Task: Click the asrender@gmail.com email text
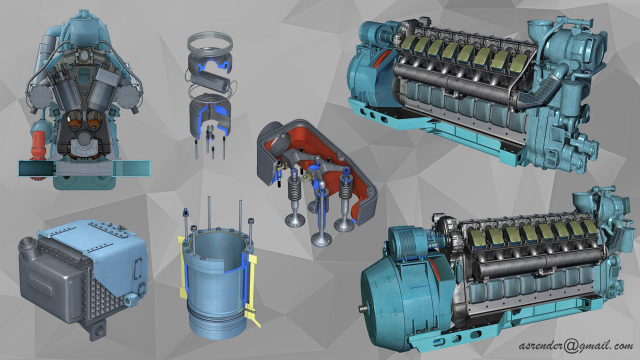[x=576, y=346]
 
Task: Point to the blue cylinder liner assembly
[x=219, y=279]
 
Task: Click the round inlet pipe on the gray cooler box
[x=27, y=246]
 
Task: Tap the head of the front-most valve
[x=320, y=239]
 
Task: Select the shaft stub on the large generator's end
[x=364, y=309]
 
